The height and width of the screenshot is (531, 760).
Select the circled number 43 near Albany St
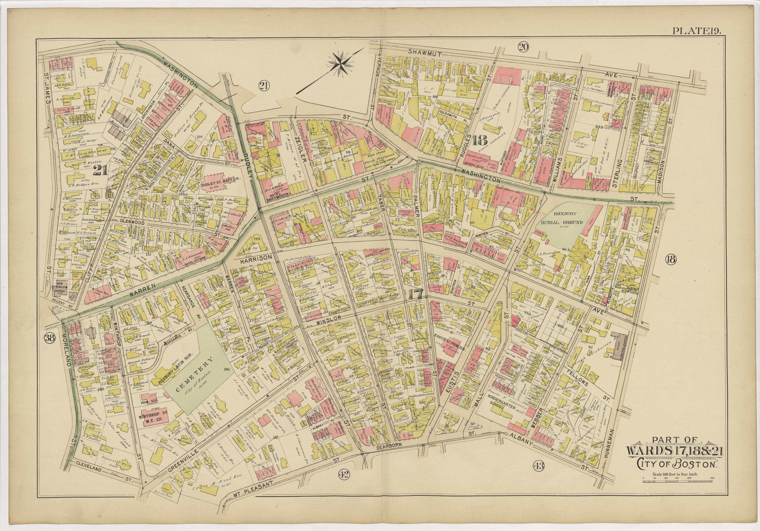pyautogui.click(x=539, y=466)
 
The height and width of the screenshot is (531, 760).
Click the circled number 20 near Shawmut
pyautogui.click(x=523, y=48)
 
